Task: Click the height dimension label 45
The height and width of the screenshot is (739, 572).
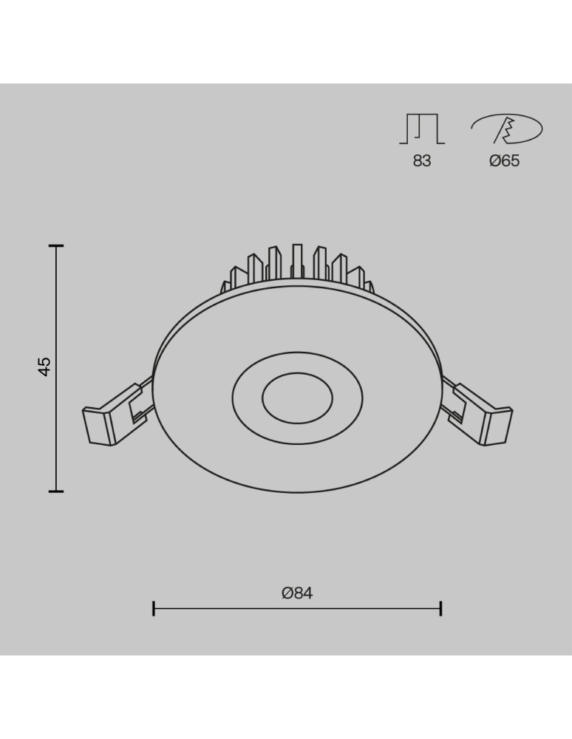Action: [45, 367]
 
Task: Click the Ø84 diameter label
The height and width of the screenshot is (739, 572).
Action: [297, 593]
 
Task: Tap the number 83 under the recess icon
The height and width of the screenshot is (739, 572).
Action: [422, 160]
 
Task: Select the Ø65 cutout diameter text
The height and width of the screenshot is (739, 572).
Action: [505, 160]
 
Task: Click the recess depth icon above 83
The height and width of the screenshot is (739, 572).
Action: [422, 129]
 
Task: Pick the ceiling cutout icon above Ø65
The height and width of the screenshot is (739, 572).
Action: [507, 130]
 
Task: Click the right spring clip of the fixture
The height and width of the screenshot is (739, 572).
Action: [484, 415]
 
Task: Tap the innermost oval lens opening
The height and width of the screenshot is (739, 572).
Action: [297, 399]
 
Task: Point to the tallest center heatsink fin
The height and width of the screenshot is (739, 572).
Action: [297, 262]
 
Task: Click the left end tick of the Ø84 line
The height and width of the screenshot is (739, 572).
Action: [154, 609]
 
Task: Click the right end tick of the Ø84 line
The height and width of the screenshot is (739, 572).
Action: [440, 609]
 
